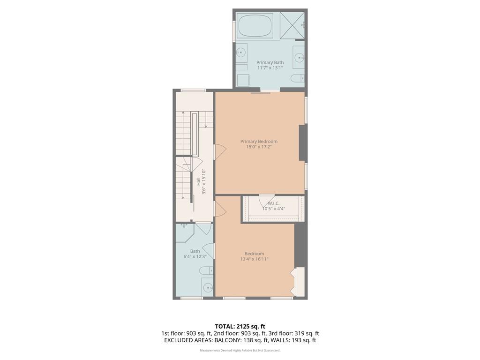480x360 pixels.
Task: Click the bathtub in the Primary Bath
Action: click(255, 26)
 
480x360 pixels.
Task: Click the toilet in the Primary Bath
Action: click(298, 78)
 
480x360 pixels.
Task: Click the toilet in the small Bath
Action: click(205, 271)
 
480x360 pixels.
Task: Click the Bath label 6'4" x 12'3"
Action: click(195, 254)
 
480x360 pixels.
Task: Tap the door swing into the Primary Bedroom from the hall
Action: click(220, 151)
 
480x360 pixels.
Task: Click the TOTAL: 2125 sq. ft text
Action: click(240, 326)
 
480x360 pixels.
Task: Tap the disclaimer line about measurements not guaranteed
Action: click(240, 351)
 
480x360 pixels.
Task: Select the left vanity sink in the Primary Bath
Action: click(240, 52)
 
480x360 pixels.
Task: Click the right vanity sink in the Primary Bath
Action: click(299, 58)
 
